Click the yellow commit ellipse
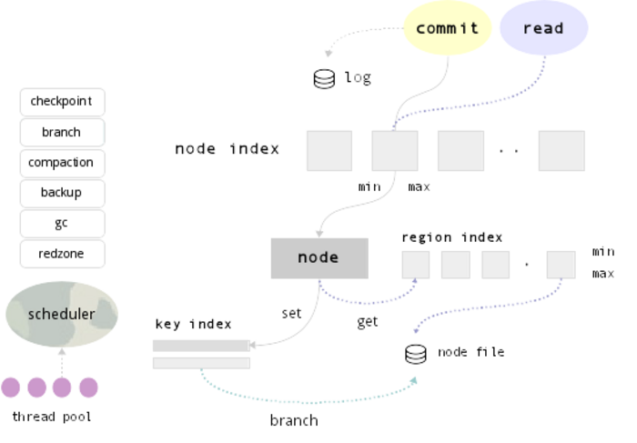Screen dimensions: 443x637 447,28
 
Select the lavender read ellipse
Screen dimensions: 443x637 543,28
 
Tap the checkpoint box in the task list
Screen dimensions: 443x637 62,101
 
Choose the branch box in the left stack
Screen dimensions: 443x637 62,132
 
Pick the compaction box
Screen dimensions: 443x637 62,162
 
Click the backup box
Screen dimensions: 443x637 62,192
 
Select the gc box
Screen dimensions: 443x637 62,223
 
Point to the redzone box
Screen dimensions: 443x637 62,253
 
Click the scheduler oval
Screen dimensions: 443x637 62,314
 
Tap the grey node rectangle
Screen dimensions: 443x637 319,257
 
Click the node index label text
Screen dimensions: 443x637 227,148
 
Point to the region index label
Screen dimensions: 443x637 452,237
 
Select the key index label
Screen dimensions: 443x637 194,324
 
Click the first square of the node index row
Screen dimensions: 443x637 329,150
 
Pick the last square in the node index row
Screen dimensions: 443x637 561,150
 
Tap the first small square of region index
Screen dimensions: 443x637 416,264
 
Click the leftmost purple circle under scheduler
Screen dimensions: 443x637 10,387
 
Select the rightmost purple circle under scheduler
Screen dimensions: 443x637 88,387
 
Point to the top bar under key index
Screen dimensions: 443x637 201,346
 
